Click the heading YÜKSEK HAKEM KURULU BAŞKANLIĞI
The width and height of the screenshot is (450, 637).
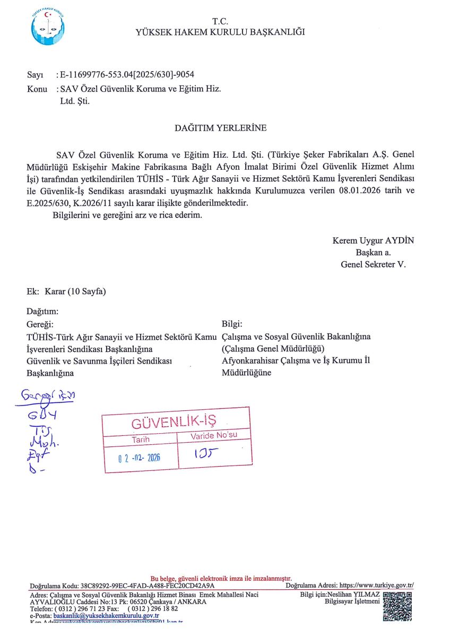[220, 32]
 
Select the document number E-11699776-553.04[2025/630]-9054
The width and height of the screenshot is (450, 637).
[131, 75]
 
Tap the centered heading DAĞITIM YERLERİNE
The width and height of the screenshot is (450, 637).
[221, 128]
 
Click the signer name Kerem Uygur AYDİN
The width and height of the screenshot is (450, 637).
[373, 240]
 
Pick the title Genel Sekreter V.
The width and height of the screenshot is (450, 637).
[373, 264]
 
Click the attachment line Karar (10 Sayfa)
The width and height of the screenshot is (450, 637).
[76, 291]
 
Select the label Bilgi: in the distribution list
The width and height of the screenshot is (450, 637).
[232, 324]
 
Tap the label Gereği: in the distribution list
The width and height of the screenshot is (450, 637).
[40, 324]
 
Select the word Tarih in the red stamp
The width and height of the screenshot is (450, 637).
[141, 440]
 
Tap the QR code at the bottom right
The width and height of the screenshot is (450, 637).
[397, 606]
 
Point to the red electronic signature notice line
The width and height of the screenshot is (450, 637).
[221, 579]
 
